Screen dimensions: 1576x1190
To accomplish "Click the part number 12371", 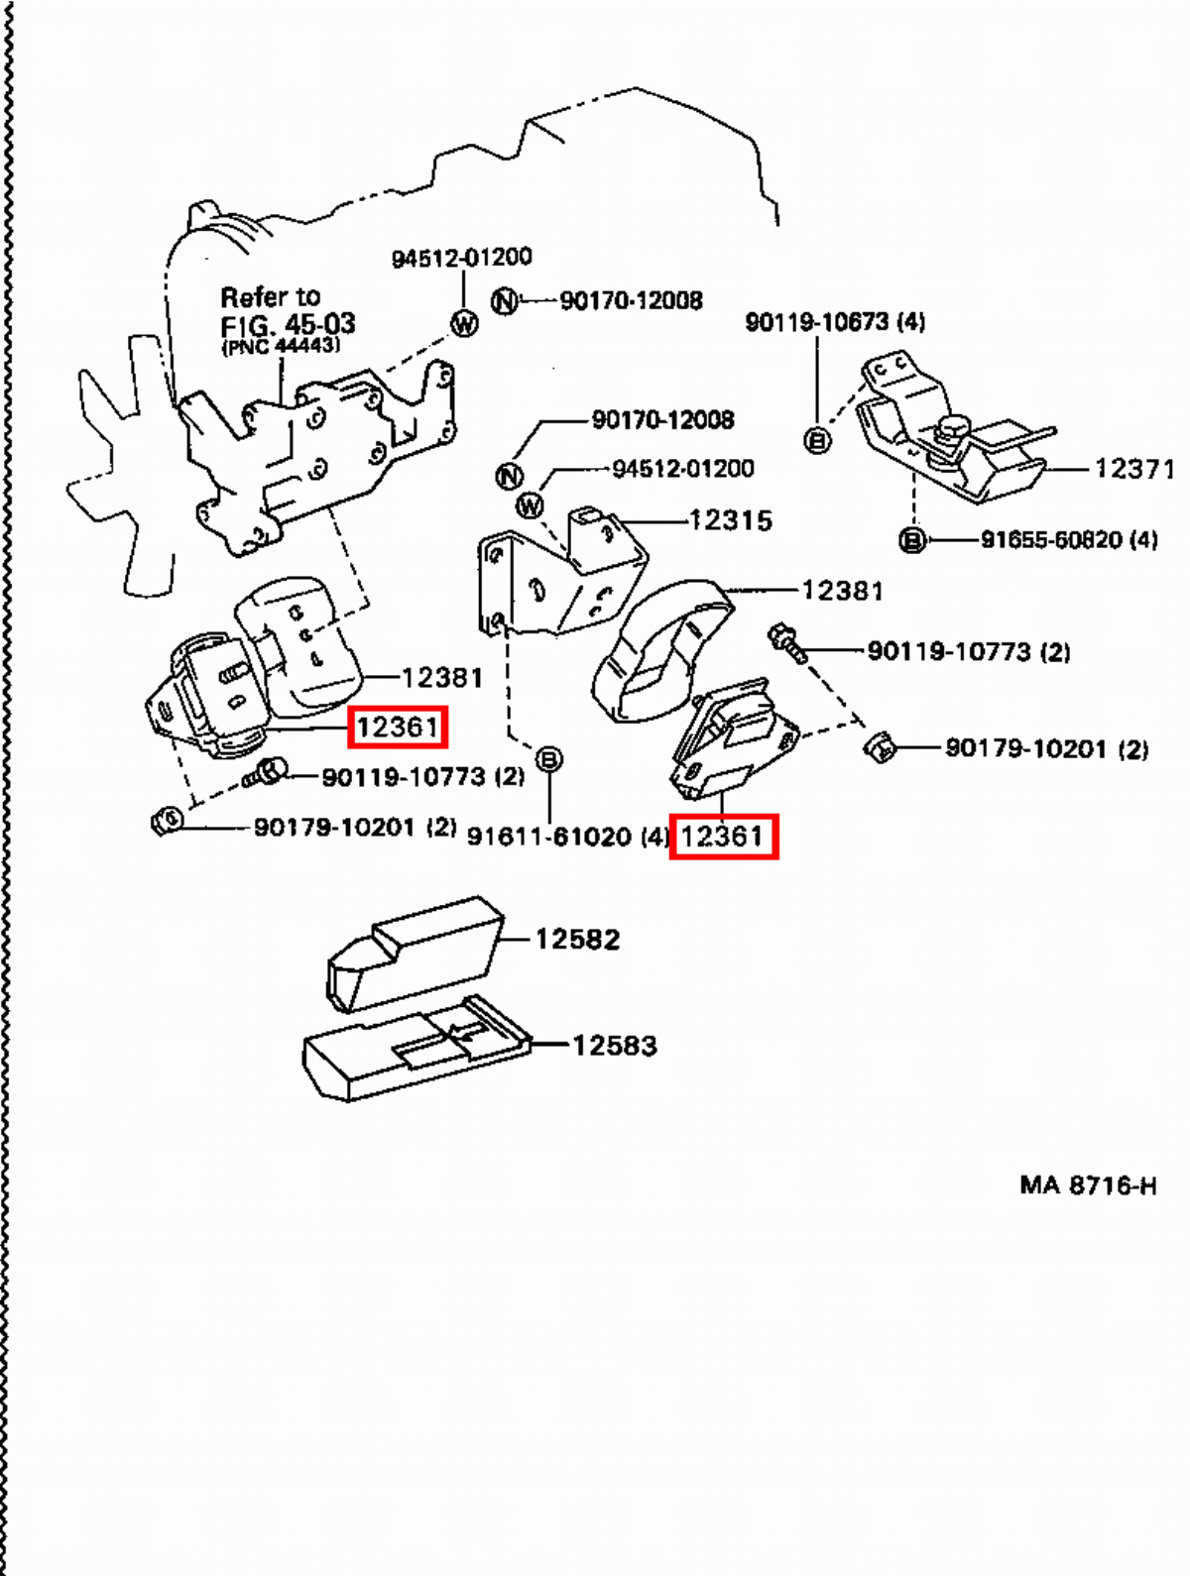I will coord(1133,468).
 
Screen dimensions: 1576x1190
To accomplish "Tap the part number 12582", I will coord(577,939).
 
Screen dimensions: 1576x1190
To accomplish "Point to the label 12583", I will coord(614,1045).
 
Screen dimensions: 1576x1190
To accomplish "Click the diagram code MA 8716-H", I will coord(1088,1185).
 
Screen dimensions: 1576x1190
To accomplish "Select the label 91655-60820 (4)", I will coord(1068,540).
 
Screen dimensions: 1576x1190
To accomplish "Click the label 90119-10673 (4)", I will coord(835,321).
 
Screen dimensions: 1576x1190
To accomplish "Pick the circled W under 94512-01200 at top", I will coord(463,323).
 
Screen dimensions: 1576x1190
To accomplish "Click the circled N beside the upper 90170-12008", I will coord(505,300).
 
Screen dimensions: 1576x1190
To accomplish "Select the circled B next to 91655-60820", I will coord(911,540).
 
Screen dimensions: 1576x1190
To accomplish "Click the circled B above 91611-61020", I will coord(548,760).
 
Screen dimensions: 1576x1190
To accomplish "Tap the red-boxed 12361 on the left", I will coord(397,728).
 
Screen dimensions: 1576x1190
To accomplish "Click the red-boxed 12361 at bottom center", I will coord(723,837).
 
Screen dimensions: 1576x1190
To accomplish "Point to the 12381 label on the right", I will coord(841,591).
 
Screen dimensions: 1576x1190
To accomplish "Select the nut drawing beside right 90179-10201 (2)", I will coord(880,747).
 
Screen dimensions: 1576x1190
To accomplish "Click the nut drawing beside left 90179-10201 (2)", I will coord(167,821).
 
